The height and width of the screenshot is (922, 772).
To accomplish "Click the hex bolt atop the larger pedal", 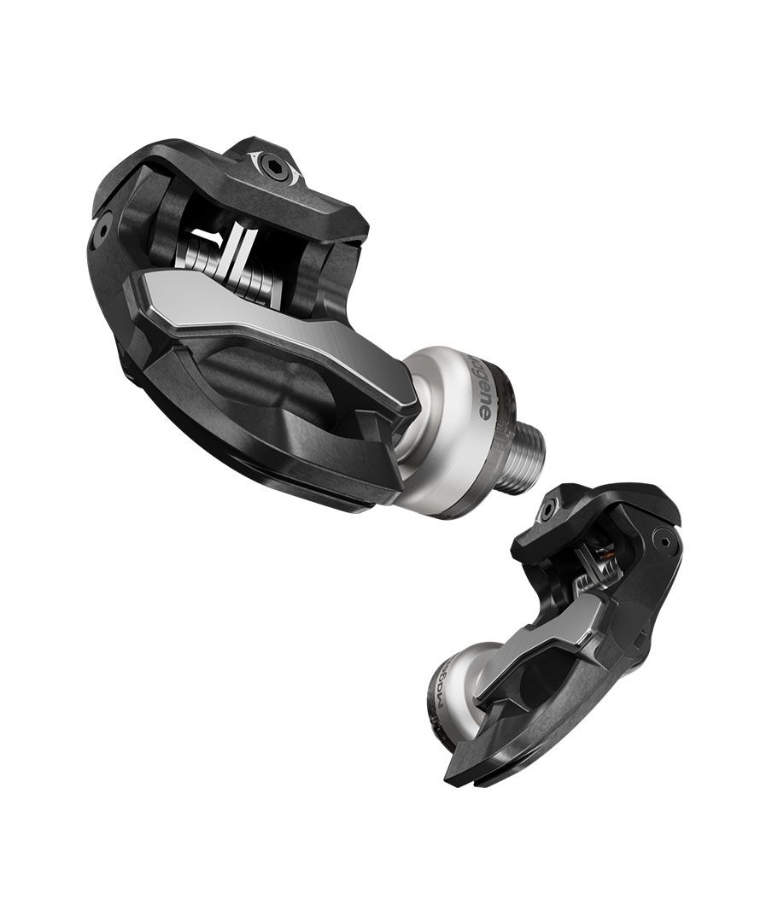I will click(276, 167).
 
